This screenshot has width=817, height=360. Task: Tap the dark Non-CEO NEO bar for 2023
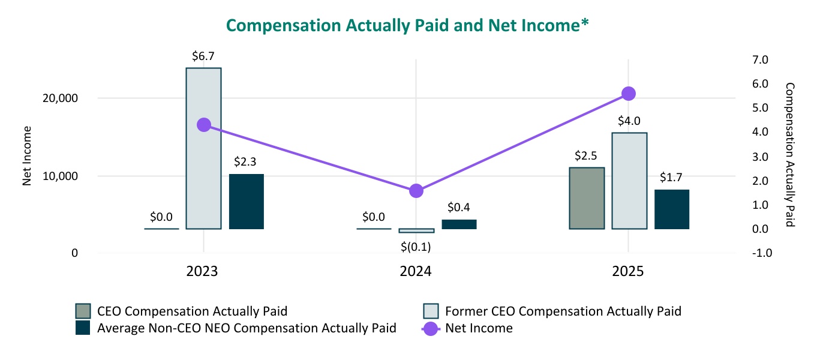(x=246, y=201)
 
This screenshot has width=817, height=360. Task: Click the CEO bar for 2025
(x=587, y=198)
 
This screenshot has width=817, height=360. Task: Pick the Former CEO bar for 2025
(x=629, y=180)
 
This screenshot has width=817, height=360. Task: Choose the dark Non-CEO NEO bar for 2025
(x=672, y=209)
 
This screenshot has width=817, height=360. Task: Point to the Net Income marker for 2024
(x=416, y=191)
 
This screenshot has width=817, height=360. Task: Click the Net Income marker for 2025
(x=629, y=94)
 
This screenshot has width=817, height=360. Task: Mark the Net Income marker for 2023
(x=204, y=125)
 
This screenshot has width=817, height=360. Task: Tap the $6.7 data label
(x=203, y=56)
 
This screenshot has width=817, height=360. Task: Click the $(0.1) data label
(x=416, y=246)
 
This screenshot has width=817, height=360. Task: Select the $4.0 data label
(x=629, y=121)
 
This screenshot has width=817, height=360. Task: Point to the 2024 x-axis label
(x=416, y=272)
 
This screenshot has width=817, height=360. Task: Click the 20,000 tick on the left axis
(x=63, y=98)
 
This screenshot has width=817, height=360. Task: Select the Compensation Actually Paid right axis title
(x=789, y=155)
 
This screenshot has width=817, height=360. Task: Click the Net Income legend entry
(x=468, y=328)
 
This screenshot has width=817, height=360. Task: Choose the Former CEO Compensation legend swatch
(x=431, y=311)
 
